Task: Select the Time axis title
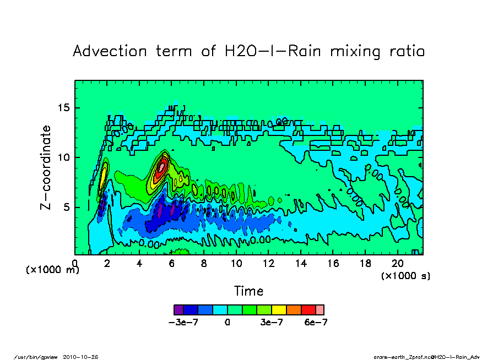249,291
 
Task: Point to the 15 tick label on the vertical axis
65,107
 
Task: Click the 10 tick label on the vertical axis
65,157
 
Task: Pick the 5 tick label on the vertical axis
68,208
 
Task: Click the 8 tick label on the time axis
204,264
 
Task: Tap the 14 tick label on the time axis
301,264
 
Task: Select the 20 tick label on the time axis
398,264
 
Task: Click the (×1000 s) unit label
405,275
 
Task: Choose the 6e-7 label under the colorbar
316,323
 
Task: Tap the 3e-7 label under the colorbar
272,323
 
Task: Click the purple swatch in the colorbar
178,309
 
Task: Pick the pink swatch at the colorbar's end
320,309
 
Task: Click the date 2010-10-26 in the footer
85,357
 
